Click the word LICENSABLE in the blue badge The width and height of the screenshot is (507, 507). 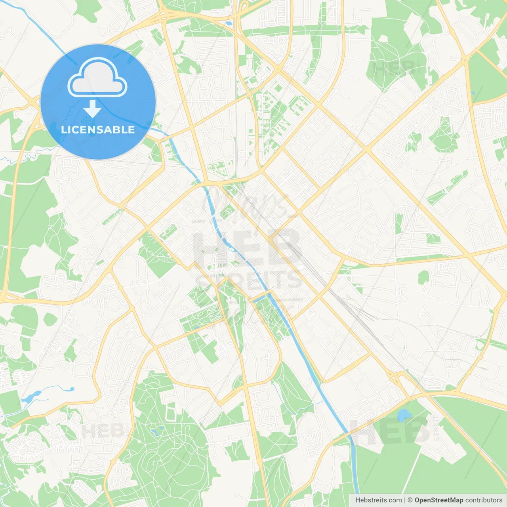tap(98, 130)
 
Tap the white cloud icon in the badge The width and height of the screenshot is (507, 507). tap(97, 78)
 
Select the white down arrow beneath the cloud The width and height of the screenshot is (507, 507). tap(92, 109)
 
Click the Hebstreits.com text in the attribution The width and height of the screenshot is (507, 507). tap(378, 500)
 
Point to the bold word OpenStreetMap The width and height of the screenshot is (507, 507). tap(439, 500)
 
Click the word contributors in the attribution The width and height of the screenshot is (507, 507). tap(484, 500)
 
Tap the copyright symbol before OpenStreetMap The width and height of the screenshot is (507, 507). tap(410, 500)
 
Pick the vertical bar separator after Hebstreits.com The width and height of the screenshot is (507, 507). tap(405, 500)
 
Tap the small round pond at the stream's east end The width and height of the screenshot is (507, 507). tap(72, 389)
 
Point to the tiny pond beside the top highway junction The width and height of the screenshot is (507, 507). tap(229, 23)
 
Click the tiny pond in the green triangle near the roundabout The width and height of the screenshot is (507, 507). tap(473, 93)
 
